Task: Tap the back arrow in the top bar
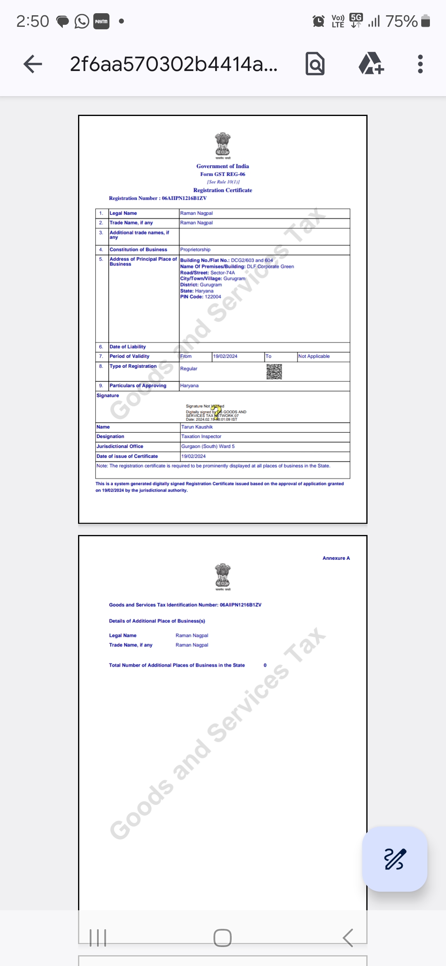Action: pyautogui.click(x=33, y=64)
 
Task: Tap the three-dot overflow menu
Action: pyautogui.click(x=420, y=64)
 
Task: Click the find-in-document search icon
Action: pyautogui.click(x=315, y=64)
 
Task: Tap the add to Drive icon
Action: pyautogui.click(x=371, y=64)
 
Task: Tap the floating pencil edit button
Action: pyautogui.click(x=395, y=859)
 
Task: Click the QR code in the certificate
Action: pyautogui.click(x=274, y=372)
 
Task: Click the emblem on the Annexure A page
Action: pyautogui.click(x=223, y=576)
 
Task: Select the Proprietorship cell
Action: pyautogui.click(x=195, y=250)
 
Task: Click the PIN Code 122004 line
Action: pyautogui.click(x=201, y=297)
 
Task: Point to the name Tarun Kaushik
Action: pyautogui.click(x=197, y=427)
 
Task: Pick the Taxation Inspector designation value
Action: pyautogui.click(x=202, y=436)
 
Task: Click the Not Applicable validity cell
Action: pyautogui.click(x=314, y=356)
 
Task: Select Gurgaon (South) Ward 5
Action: pyautogui.click(x=208, y=446)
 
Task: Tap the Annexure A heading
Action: pyautogui.click(x=336, y=558)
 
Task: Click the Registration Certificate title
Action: pyautogui.click(x=223, y=190)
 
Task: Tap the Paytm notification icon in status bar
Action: pyautogui.click(x=101, y=21)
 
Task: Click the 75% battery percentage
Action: pyautogui.click(x=401, y=21)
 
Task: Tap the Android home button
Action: pyautogui.click(x=223, y=938)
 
